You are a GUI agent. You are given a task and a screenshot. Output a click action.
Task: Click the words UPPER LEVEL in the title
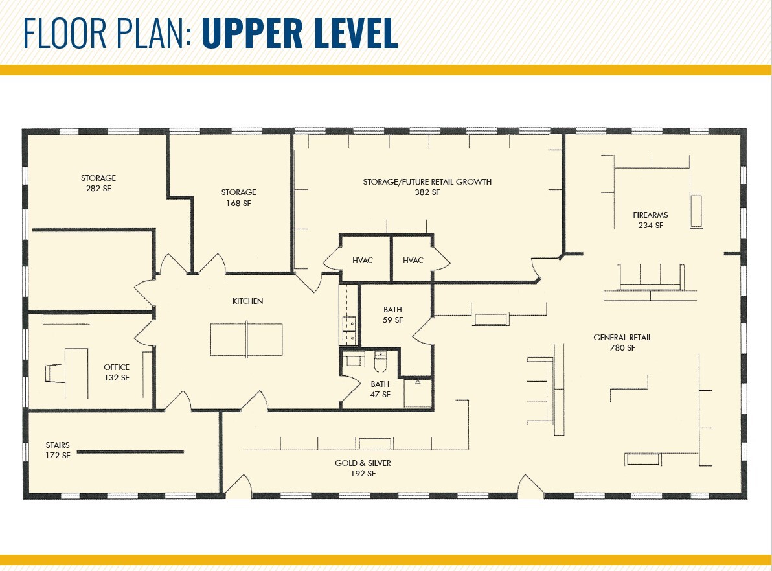(x=300, y=33)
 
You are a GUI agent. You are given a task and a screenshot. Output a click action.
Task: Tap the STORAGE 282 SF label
(x=98, y=183)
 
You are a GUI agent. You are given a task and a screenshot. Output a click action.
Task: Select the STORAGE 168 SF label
(x=238, y=198)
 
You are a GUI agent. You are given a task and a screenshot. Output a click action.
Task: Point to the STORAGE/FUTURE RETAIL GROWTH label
(x=427, y=187)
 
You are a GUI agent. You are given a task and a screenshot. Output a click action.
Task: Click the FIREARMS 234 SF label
(x=650, y=220)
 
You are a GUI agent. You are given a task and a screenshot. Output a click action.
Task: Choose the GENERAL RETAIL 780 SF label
(x=622, y=342)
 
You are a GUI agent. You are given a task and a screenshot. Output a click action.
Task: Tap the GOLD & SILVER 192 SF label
(x=363, y=468)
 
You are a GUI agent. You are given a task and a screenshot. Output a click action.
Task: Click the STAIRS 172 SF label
(x=58, y=450)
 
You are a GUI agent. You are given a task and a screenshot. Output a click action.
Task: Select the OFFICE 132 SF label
(x=117, y=372)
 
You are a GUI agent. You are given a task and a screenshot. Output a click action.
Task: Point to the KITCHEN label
(x=247, y=301)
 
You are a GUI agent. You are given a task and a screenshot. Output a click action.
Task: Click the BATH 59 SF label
(x=392, y=315)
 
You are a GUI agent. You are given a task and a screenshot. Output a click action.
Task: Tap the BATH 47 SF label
(x=380, y=389)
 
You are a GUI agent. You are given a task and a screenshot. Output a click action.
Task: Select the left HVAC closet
(x=363, y=260)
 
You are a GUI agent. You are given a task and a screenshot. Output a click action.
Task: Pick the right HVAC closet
(x=413, y=260)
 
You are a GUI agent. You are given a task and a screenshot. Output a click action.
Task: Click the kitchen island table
(x=247, y=339)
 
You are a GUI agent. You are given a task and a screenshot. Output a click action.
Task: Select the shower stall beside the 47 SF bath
(x=418, y=393)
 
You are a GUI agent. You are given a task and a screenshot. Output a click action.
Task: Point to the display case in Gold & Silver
(x=375, y=444)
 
